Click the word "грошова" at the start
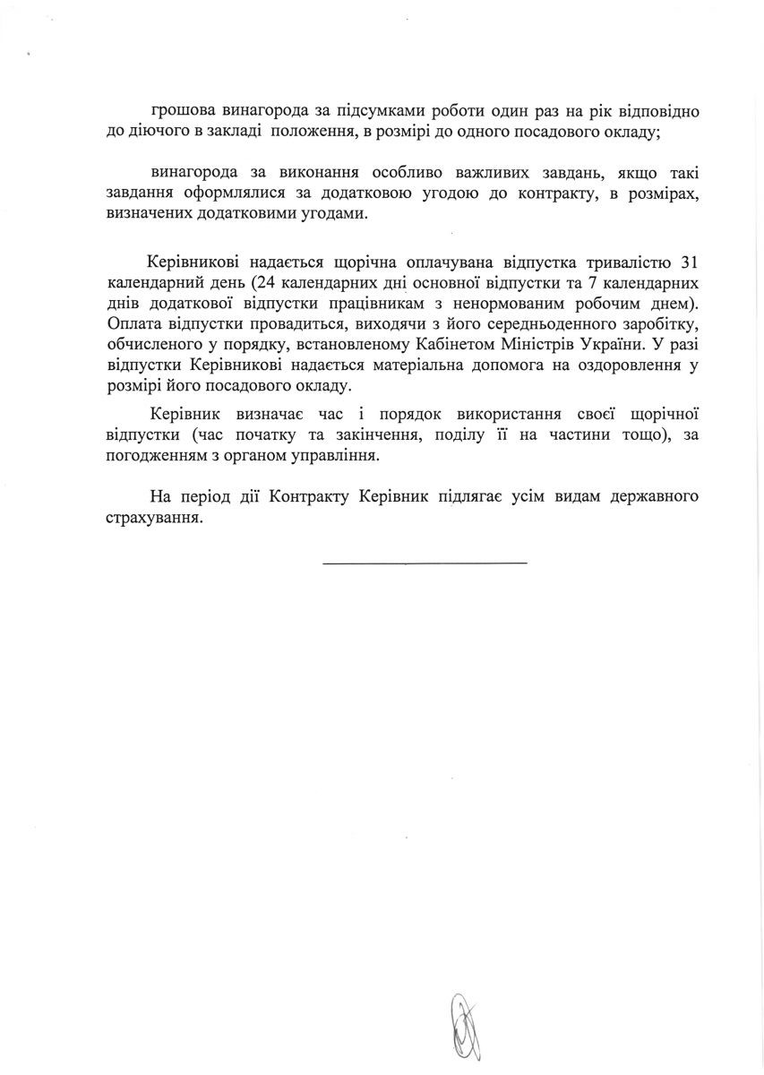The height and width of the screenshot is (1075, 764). [x=184, y=112]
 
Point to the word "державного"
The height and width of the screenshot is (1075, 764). [x=655, y=495]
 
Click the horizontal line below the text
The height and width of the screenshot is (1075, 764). [x=425, y=563]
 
